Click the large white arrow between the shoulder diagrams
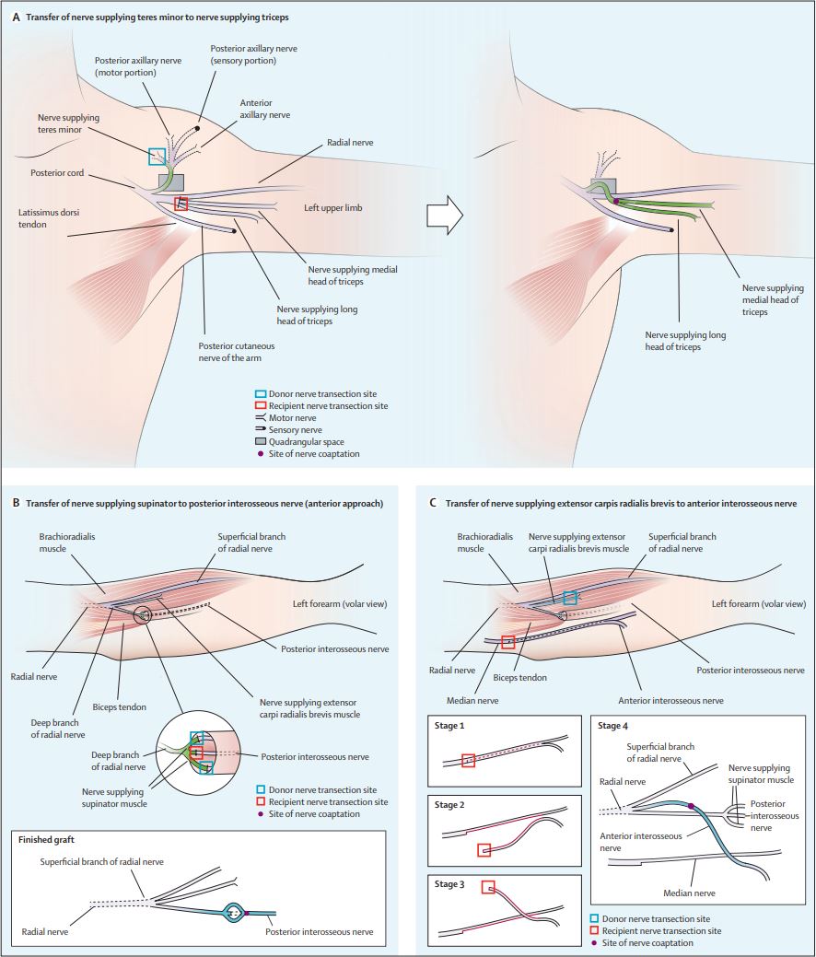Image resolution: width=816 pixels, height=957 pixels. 445,213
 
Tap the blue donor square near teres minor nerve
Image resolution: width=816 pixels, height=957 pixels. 157,157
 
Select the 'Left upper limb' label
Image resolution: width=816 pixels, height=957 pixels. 332,208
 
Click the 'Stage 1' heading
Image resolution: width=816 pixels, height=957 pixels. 449,726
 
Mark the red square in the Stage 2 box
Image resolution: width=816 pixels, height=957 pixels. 484,850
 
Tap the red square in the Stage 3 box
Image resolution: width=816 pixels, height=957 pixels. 488,887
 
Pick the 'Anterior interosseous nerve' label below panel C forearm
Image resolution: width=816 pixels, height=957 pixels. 670,700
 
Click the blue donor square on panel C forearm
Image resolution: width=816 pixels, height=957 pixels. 570,598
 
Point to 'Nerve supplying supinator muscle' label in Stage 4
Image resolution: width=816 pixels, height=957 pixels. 762,773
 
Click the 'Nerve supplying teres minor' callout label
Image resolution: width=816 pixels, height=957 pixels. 67,124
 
